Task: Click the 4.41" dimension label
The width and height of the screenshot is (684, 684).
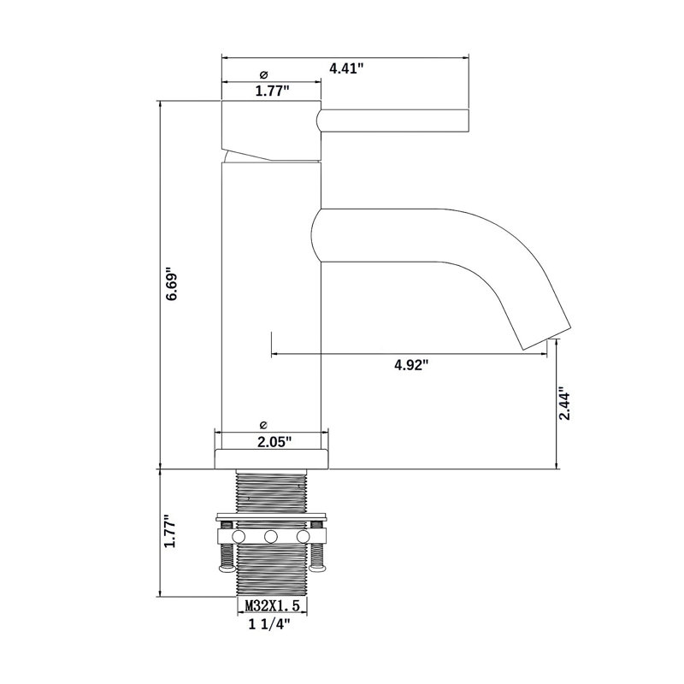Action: pyautogui.click(x=346, y=68)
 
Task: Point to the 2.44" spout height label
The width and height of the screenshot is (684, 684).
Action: pyautogui.click(x=564, y=403)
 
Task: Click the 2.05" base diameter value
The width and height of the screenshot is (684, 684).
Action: pyautogui.click(x=274, y=442)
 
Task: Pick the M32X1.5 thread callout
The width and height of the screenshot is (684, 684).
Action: pyautogui.click(x=273, y=606)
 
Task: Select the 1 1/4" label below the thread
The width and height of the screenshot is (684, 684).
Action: pyautogui.click(x=269, y=624)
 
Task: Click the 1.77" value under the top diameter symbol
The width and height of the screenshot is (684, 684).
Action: pyautogui.click(x=272, y=91)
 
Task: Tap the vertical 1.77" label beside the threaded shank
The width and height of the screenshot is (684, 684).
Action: pyautogui.click(x=168, y=531)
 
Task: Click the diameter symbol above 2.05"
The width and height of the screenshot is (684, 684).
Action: pyautogui.click(x=263, y=425)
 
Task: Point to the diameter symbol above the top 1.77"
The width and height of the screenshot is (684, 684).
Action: pyautogui.click(x=264, y=75)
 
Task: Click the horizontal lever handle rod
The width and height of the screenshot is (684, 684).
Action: pyautogui.click(x=392, y=120)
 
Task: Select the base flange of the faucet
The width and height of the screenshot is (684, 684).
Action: pyautogui.click(x=271, y=458)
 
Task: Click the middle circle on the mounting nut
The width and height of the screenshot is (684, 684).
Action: pyautogui.click(x=271, y=536)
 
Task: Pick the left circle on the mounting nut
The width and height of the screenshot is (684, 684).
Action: pyautogui.click(x=239, y=536)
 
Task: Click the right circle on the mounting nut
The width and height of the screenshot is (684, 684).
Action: pyautogui.click(x=303, y=536)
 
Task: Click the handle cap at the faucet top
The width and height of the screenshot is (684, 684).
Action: pyautogui.click(x=271, y=130)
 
